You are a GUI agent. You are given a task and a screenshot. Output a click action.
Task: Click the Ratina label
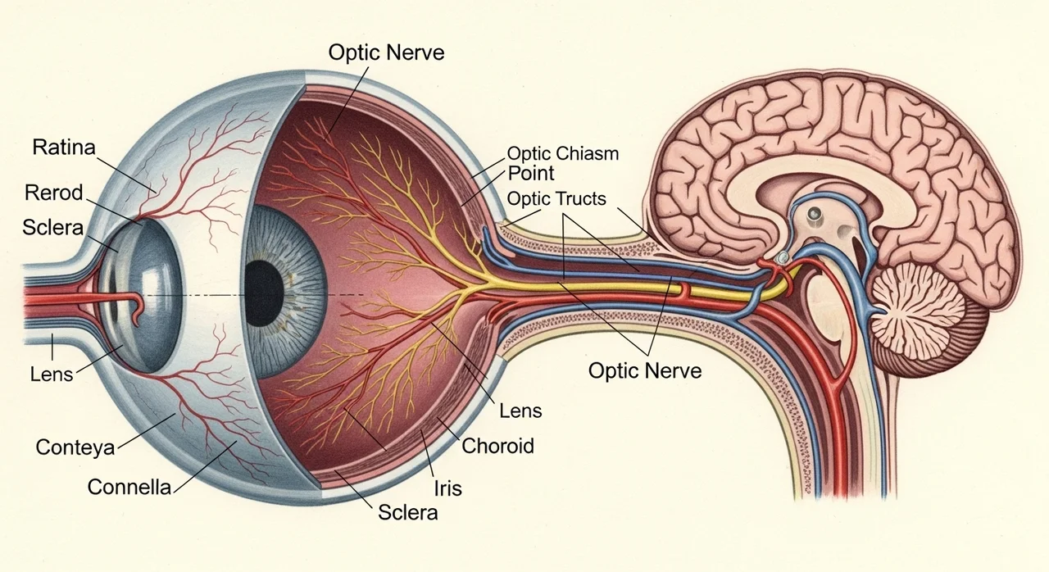[64, 148]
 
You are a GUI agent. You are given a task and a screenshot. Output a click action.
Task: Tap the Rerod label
[54, 193]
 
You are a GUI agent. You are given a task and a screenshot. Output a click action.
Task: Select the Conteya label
[75, 447]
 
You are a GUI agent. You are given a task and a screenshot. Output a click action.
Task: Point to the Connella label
[129, 487]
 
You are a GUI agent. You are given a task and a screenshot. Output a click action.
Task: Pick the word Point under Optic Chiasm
[531, 173]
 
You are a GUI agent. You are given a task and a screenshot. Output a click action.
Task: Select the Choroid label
[497, 446]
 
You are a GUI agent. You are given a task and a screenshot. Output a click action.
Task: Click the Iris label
[447, 488]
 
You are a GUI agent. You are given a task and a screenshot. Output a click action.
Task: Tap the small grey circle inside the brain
[815, 215]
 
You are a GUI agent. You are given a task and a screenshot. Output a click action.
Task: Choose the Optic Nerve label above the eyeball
[386, 52]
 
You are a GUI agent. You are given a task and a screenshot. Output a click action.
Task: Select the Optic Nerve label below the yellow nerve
[645, 370]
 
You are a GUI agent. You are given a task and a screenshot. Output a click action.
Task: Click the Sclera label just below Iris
[407, 513]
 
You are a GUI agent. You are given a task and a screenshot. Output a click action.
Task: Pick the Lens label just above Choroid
[520, 411]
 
